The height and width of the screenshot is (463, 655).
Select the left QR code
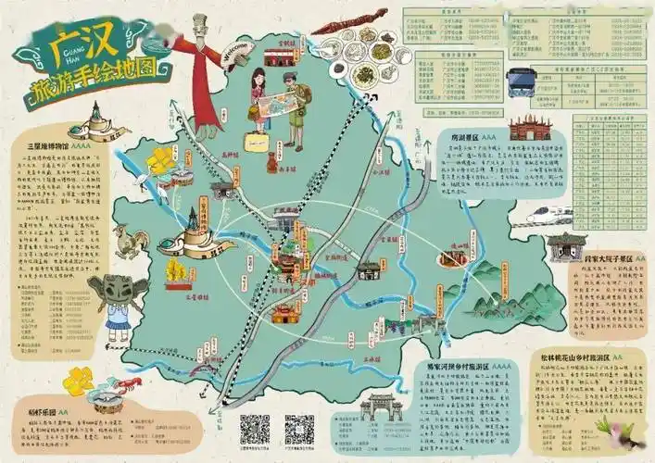coord(255,429)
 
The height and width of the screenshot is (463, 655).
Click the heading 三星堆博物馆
coord(51,146)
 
